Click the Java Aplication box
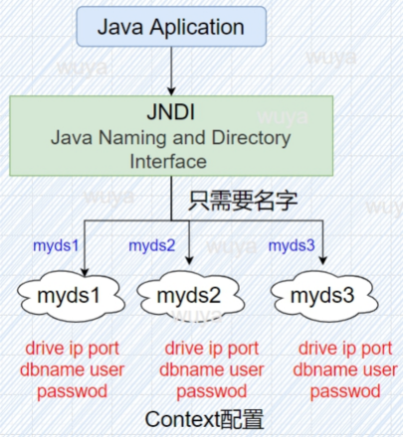click(174, 27)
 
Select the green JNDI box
click(174, 136)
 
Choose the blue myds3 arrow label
click(292, 244)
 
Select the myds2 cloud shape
click(187, 296)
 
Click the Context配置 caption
click(205, 418)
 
